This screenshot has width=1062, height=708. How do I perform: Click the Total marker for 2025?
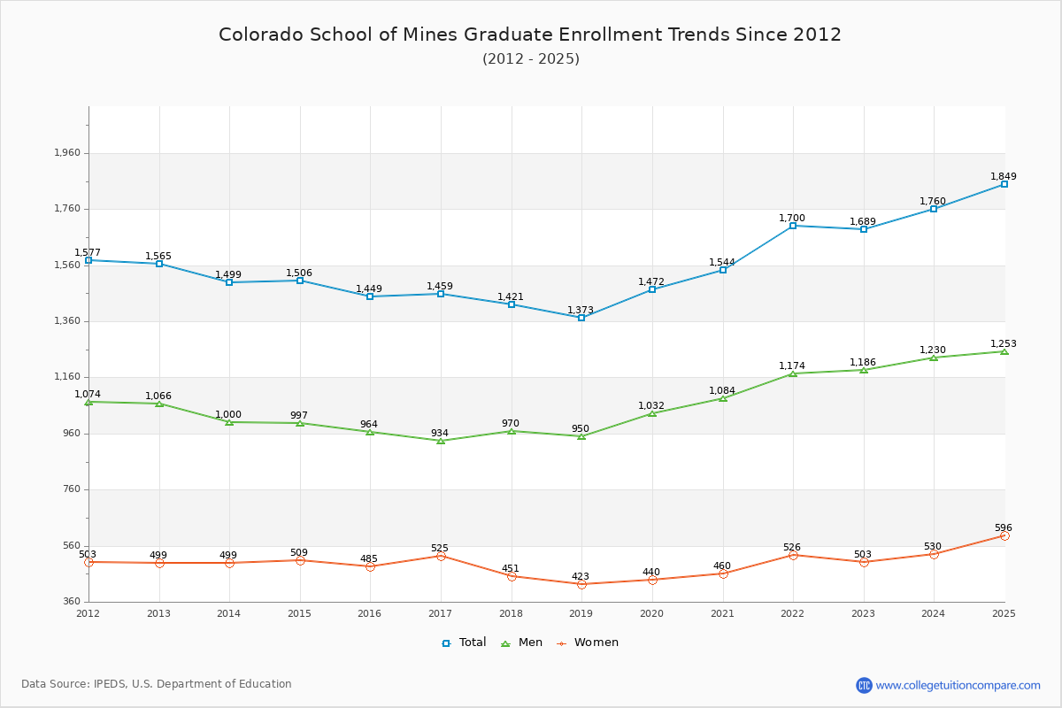1004,184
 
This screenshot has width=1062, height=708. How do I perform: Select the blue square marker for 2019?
581,318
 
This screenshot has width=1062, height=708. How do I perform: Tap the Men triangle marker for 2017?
441,441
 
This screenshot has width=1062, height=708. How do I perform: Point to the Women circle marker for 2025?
1004,535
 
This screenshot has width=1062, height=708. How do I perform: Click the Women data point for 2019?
581,584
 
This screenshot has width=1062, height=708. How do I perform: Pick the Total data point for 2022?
793,226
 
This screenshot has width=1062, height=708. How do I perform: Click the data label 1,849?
1004,176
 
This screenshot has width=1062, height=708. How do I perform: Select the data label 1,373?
581,310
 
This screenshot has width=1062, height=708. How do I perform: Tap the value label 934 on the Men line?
440,433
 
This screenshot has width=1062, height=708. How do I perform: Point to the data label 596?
1004,527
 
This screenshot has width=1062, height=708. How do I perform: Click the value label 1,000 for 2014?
228,414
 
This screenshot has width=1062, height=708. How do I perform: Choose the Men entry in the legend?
521,643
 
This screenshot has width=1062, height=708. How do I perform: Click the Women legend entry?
588,643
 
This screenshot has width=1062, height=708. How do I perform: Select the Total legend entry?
464,643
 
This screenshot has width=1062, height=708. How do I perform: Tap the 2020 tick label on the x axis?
651,613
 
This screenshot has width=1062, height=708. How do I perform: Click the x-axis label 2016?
369,613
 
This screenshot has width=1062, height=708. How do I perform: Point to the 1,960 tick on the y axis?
67,153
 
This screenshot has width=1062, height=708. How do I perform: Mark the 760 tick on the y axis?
72,489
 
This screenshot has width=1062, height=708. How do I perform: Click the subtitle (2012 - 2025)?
531,58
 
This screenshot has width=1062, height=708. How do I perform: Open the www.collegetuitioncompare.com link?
958,685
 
